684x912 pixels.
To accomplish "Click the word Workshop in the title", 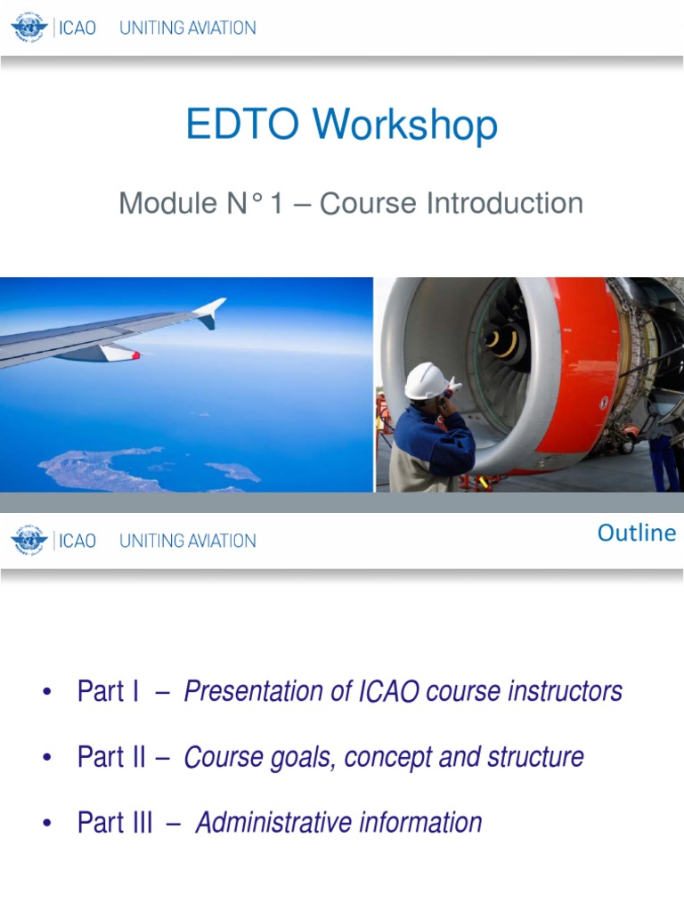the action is pyautogui.click(x=405, y=125).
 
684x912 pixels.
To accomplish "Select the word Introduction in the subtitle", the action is pyautogui.click(x=505, y=203).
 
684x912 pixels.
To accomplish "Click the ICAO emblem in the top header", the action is pyautogui.click(x=29, y=28).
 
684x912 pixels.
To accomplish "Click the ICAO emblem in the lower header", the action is pyautogui.click(x=29, y=540).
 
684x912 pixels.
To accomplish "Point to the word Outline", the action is pyautogui.click(x=637, y=533).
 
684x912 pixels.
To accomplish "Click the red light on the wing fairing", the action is pyautogui.click(x=135, y=354).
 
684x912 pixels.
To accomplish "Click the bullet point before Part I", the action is pyautogui.click(x=47, y=691).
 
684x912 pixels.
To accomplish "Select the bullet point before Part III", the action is pyautogui.click(x=47, y=823).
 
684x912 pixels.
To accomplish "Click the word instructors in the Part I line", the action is pyautogui.click(x=565, y=691).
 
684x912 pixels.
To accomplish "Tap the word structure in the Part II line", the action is pyautogui.click(x=535, y=757).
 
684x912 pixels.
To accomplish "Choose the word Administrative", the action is pyautogui.click(x=273, y=822).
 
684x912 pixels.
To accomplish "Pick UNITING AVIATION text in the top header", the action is pyautogui.click(x=187, y=28).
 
